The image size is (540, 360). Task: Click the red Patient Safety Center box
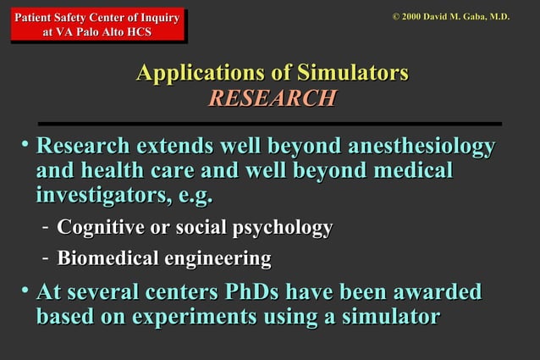tap(97, 25)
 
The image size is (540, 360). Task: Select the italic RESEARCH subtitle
tap(272, 99)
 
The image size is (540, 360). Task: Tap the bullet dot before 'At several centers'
tap(25, 292)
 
